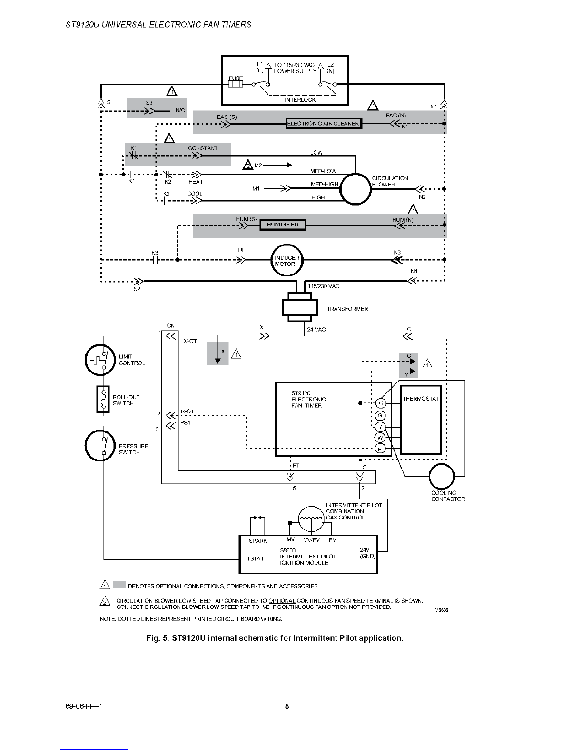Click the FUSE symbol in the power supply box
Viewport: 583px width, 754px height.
point(236,84)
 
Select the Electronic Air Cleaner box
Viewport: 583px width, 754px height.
point(323,124)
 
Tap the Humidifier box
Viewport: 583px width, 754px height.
point(283,225)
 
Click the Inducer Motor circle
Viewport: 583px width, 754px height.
point(286,260)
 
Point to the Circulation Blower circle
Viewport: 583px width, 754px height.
point(355,189)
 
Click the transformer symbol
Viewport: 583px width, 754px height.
point(299,307)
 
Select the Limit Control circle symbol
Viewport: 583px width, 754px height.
point(100,360)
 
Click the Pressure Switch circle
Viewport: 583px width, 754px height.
point(100,445)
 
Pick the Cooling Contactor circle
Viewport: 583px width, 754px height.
point(442,476)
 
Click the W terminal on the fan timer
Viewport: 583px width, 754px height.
point(380,438)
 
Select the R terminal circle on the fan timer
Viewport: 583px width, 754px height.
point(380,449)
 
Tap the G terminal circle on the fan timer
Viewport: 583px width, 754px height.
point(380,416)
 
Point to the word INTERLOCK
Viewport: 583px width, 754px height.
point(300,100)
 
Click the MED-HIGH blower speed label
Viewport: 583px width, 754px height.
point(324,184)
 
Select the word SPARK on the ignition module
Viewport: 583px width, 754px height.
point(258,541)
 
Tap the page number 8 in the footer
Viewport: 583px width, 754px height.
point(287,706)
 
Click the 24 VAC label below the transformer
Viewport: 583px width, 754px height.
point(316,329)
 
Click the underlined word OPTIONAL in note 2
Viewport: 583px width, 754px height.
point(282,601)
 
